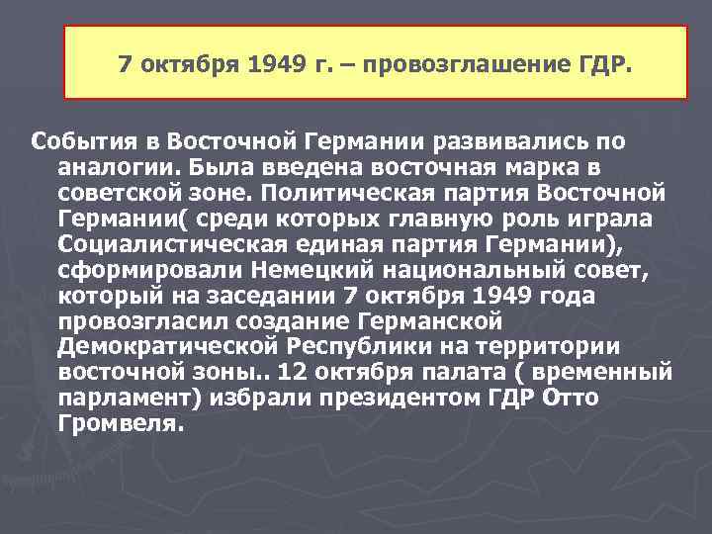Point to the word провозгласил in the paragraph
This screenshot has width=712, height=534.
(x=133, y=320)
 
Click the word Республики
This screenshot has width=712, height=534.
(x=349, y=346)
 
